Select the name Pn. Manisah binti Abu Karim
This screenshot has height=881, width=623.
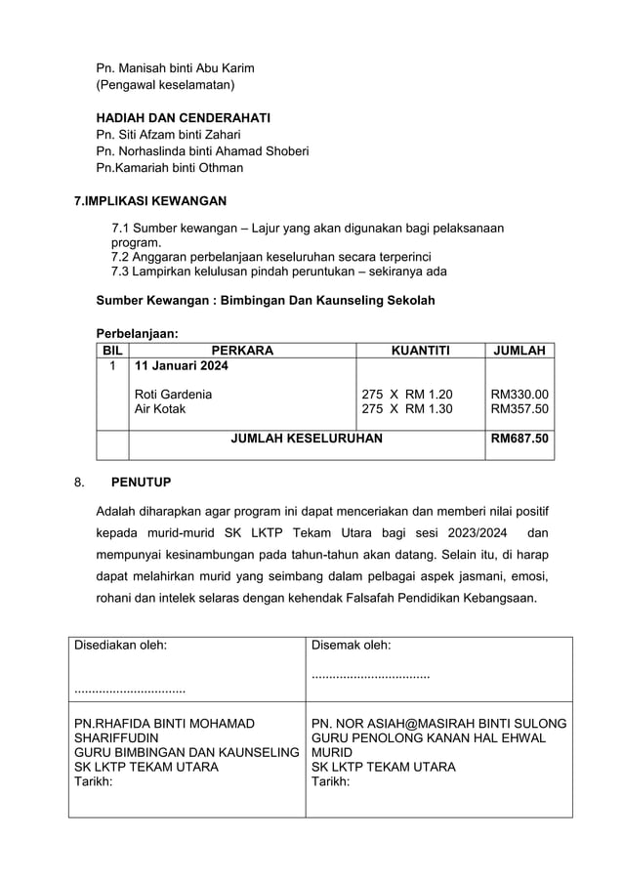point(175,68)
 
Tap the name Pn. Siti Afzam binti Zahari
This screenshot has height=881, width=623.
point(168,134)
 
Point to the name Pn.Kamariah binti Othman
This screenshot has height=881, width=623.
point(169,167)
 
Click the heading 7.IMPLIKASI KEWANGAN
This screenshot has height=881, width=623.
point(150,201)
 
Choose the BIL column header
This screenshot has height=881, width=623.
point(112,350)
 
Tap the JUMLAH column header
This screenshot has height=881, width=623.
point(519,350)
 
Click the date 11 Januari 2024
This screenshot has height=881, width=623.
point(181,366)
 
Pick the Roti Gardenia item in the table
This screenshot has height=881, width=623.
point(173,394)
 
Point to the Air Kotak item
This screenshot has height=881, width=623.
point(159,409)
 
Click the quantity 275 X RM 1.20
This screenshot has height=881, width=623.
point(407,394)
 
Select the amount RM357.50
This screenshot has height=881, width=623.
point(519,409)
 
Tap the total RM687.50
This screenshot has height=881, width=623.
point(519,440)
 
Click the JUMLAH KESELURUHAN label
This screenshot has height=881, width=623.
point(307,440)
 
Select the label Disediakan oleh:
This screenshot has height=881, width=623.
point(120,645)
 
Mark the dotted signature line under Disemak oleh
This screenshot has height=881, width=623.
point(370,674)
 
